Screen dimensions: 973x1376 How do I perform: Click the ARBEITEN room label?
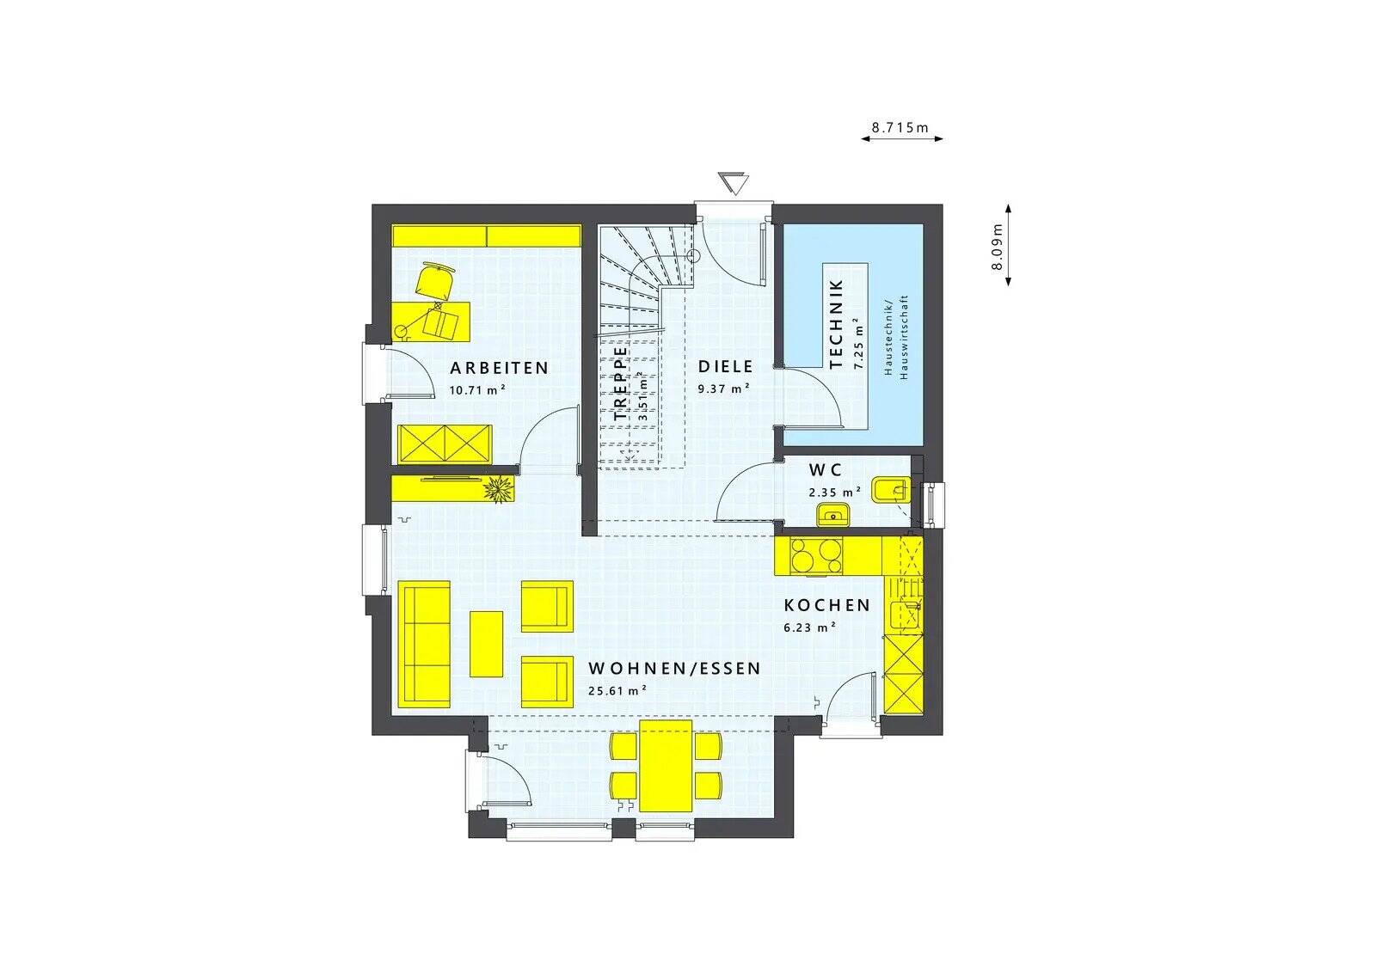(x=499, y=368)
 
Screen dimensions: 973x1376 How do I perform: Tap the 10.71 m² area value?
(x=476, y=389)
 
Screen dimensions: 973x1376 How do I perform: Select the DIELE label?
(x=725, y=366)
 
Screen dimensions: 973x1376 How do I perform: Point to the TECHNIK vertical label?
(x=836, y=323)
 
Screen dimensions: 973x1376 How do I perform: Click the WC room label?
(x=825, y=470)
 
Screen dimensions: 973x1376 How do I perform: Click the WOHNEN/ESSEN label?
(x=674, y=668)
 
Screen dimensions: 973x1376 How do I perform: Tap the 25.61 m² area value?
(x=617, y=689)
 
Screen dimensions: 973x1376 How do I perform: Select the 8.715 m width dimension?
(x=900, y=127)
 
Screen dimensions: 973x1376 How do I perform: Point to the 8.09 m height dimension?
(x=997, y=247)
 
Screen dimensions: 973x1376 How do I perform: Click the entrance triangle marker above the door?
(x=734, y=184)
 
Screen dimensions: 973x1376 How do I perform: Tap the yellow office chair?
(x=435, y=281)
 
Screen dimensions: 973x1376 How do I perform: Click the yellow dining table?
(x=666, y=765)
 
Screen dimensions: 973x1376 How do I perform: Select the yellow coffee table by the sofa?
(x=486, y=643)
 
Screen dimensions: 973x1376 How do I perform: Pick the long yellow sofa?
(x=423, y=645)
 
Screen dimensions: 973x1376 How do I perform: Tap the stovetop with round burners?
(x=817, y=555)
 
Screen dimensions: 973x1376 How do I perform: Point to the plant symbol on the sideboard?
(x=498, y=489)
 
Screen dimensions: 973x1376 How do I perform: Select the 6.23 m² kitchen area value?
(x=809, y=627)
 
